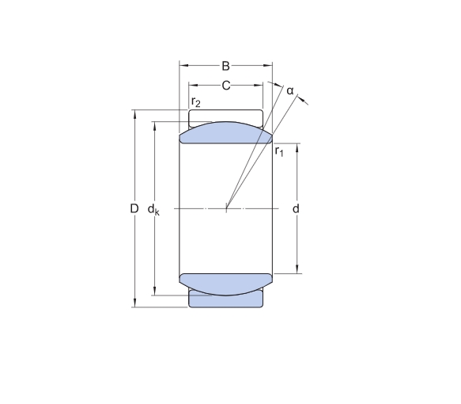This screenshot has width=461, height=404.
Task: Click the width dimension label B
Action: click(225, 66)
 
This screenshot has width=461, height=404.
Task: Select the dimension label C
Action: click(225, 86)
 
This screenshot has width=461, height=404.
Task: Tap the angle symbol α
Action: click(290, 91)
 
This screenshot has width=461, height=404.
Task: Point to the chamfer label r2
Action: click(196, 102)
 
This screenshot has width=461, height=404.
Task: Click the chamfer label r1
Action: click(278, 151)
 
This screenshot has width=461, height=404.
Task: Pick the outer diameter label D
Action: click(134, 208)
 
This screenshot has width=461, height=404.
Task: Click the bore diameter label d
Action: click(296, 209)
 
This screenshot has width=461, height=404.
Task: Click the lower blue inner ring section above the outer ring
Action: click(226, 283)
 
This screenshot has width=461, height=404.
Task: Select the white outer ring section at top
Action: click(225, 116)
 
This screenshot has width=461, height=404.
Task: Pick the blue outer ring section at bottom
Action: click(225, 299)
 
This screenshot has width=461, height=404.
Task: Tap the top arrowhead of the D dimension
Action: click(135, 113)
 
